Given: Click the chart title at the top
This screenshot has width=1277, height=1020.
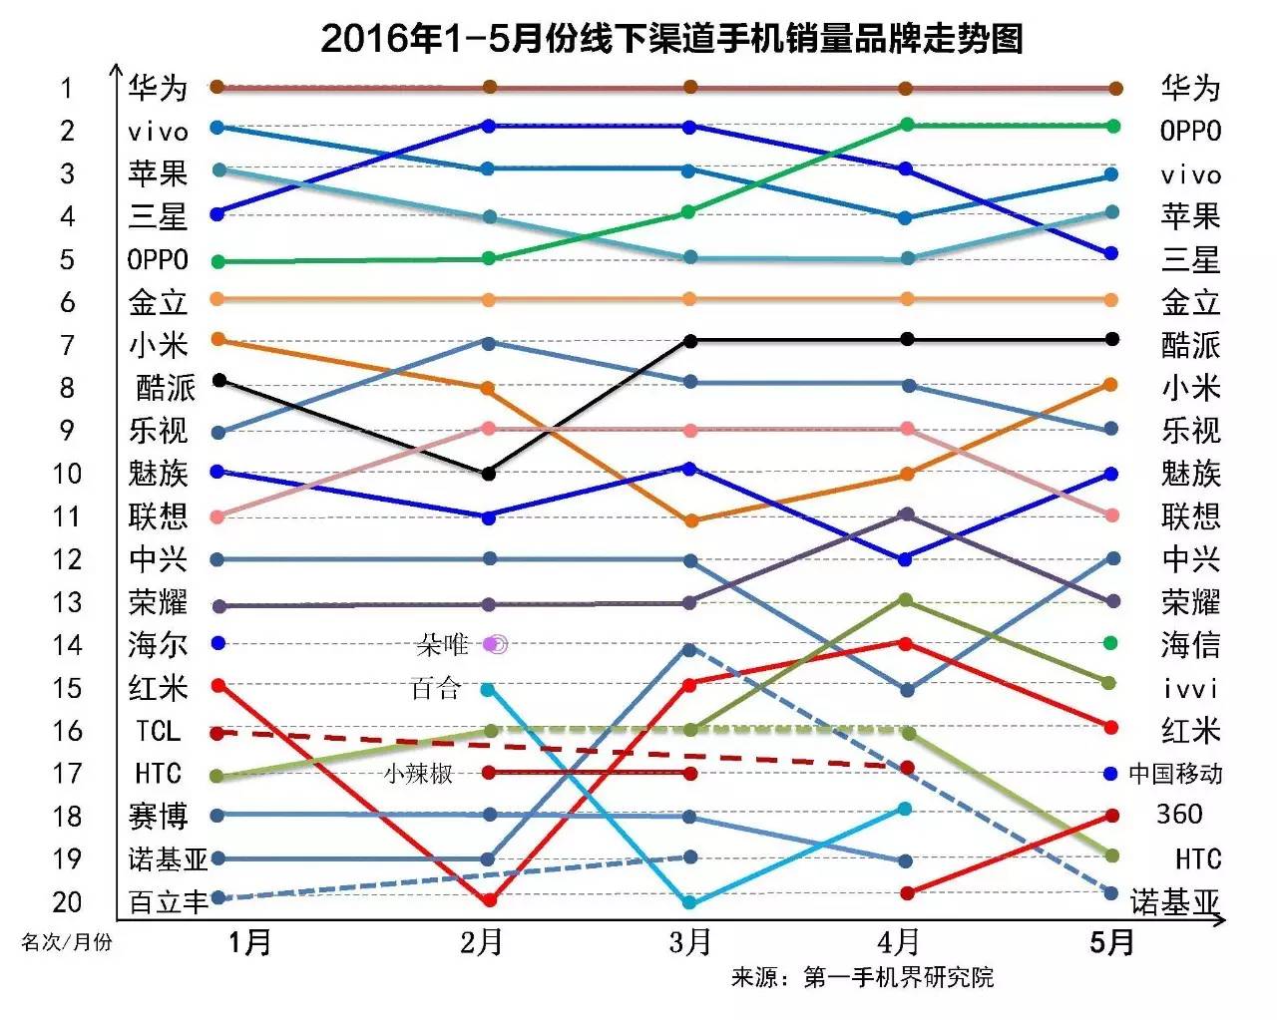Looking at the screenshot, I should coord(671,38).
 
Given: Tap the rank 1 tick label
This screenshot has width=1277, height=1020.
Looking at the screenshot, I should coord(67,89).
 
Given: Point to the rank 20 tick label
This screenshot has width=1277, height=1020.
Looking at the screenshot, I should coord(67,902).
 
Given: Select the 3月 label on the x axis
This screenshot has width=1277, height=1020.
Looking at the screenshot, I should coord(689,941).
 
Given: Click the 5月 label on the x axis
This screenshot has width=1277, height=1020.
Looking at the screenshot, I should coord(1111,941).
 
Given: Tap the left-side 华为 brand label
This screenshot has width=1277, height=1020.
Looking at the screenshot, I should coord(158,88).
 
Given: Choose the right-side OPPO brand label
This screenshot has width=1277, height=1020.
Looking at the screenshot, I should coord(1190,131).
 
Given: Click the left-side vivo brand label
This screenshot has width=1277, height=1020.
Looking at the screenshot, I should coord(158,132).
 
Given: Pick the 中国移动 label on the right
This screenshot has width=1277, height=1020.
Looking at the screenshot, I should coord(1175,774).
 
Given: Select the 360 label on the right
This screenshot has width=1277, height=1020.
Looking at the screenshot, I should coord(1179,815).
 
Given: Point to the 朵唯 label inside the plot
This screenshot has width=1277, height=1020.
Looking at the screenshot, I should coord(442,645).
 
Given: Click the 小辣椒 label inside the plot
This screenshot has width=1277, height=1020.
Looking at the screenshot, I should coord(418,774).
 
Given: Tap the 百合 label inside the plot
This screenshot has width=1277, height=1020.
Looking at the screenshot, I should coord(435,689).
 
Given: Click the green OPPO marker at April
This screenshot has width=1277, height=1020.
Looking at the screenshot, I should coord(907,125).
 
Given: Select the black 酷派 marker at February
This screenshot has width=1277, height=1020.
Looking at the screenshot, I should coord(489,474).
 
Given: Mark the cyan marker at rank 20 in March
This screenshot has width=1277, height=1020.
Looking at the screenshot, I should coord(688,902).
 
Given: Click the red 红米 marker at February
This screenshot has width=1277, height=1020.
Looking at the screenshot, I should coord(490,900).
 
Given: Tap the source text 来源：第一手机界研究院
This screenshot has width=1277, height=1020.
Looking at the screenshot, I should coord(862,977).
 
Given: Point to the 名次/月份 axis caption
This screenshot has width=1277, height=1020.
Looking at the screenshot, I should coord(67,942).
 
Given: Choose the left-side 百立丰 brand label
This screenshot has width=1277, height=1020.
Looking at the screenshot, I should coord(168,902).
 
